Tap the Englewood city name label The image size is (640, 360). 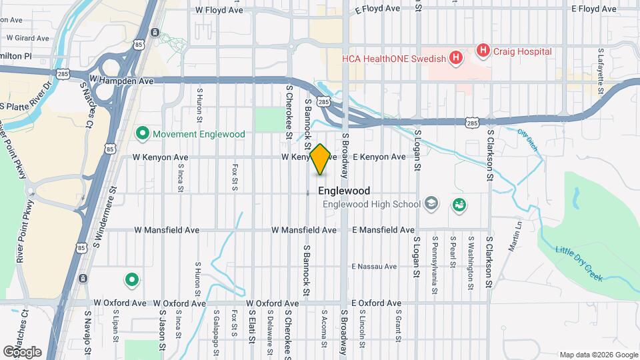pos(344,191)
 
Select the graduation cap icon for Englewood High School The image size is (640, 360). pos(431,203)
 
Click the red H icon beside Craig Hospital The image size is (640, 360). pos(483,51)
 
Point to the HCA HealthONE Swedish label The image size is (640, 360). pos(393,59)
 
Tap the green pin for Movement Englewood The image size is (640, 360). pos(141,133)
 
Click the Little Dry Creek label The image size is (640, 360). pos(580,263)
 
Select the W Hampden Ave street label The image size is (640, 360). pos(121,81)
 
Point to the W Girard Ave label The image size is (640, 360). pos(27,39)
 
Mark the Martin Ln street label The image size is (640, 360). pos(515,237)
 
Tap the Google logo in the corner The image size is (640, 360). pos(22,351)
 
